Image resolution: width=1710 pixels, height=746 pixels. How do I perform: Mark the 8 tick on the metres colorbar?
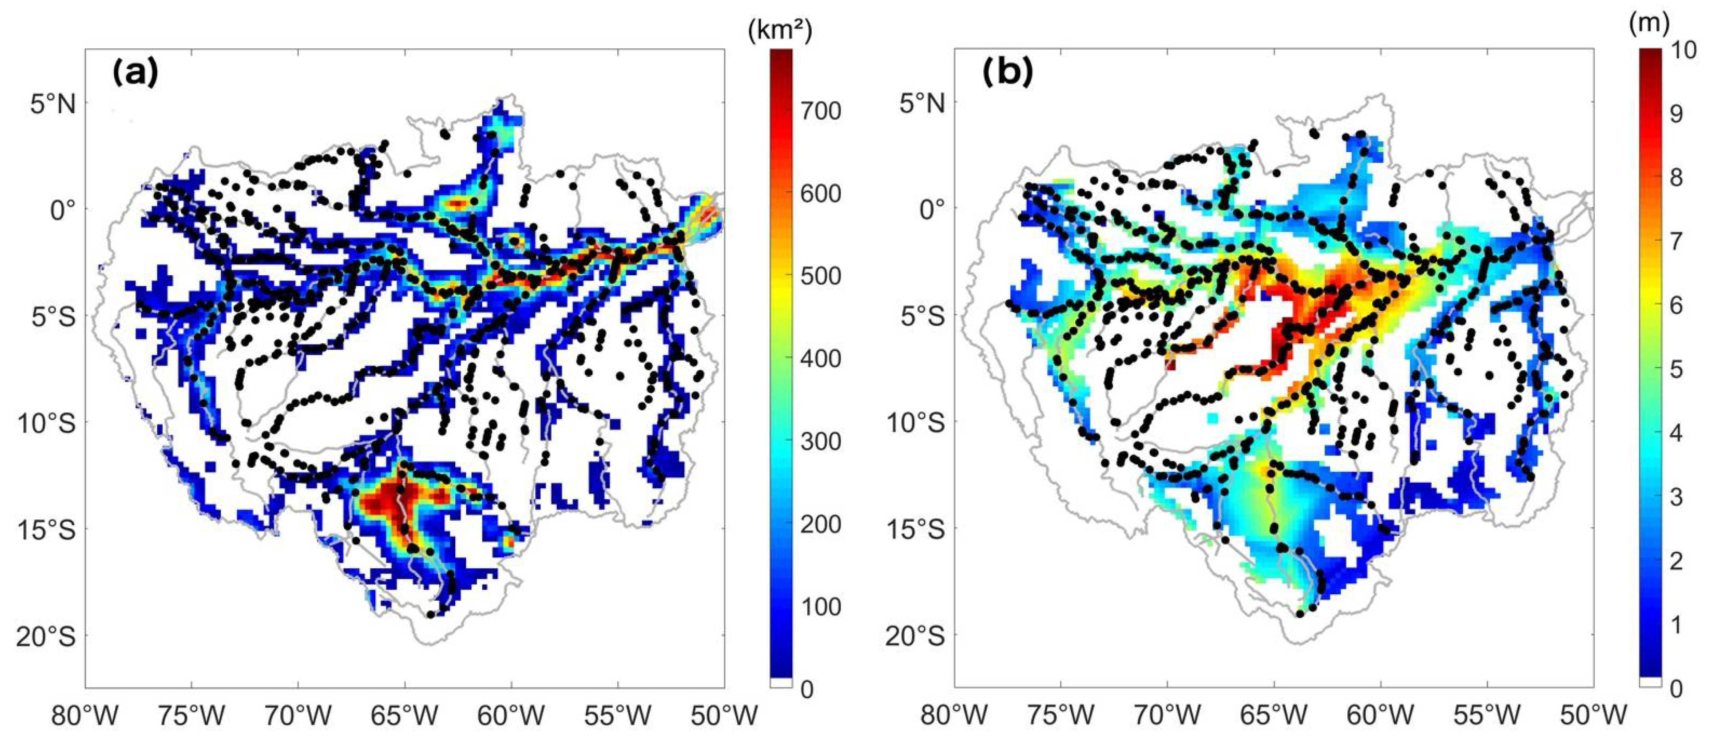tap(1676, 177)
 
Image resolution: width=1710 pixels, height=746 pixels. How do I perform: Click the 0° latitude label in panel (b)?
tap(931, 210)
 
